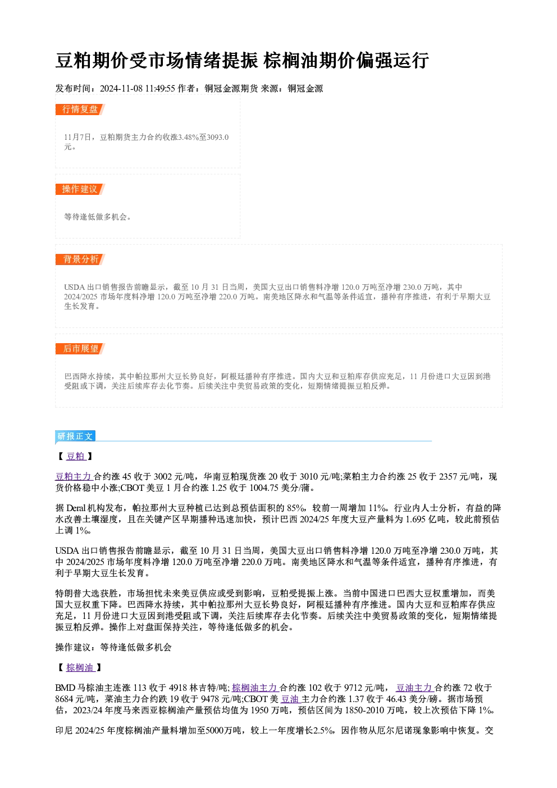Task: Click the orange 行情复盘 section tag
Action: click(80, 110)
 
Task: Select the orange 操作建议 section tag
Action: click(80, 189)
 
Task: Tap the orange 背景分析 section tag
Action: click(80, 259)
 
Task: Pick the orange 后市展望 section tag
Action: click(80, 349)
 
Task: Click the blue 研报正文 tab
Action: click(75, 436)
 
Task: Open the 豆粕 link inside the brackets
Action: click(76, 456)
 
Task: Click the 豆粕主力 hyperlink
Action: click(74, 477)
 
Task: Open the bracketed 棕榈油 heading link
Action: click(80, 667)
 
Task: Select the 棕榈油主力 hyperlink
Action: click(255, 687)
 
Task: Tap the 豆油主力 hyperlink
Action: click(414, 687)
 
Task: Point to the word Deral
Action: click(76, 508)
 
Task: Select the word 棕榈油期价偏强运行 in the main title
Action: click(346, 61)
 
